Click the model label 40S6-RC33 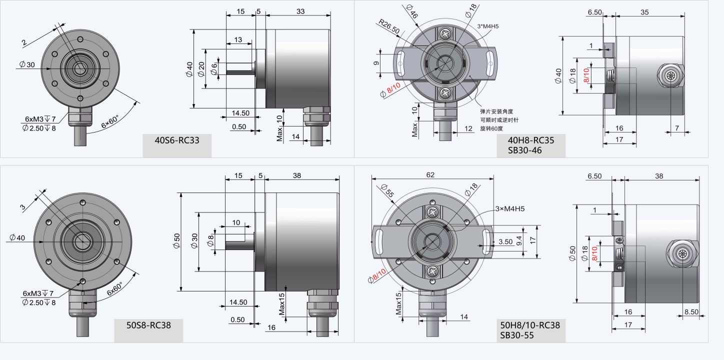coord(177,140)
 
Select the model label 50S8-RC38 coord(148,325)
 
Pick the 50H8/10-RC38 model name coord(530,325)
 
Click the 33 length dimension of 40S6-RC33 coord(300,11)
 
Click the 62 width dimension coord(430,174)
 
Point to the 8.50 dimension coord(691,311)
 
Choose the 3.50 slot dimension coord(505,241)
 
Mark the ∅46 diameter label coord(412,11)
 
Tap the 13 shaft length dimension coord(237,40)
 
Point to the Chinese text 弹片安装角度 coord(496,111)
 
